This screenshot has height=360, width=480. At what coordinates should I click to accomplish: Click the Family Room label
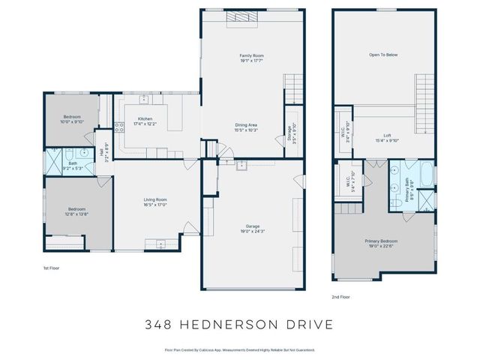(251, 56)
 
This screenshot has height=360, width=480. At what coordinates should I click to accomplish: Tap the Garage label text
(251, 225)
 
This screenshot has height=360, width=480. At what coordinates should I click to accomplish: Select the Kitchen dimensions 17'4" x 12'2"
(145, 124)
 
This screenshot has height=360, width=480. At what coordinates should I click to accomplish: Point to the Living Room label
(154, 199)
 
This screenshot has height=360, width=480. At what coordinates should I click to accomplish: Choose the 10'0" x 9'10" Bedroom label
(72, 117)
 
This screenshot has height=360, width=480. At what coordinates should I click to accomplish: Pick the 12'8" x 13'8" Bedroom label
(78, 209)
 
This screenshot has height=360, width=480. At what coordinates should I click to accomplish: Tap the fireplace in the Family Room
(247, 16)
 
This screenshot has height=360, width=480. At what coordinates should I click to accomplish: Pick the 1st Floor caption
(52, 266)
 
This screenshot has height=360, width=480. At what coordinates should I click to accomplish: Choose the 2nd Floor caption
(340, 296)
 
